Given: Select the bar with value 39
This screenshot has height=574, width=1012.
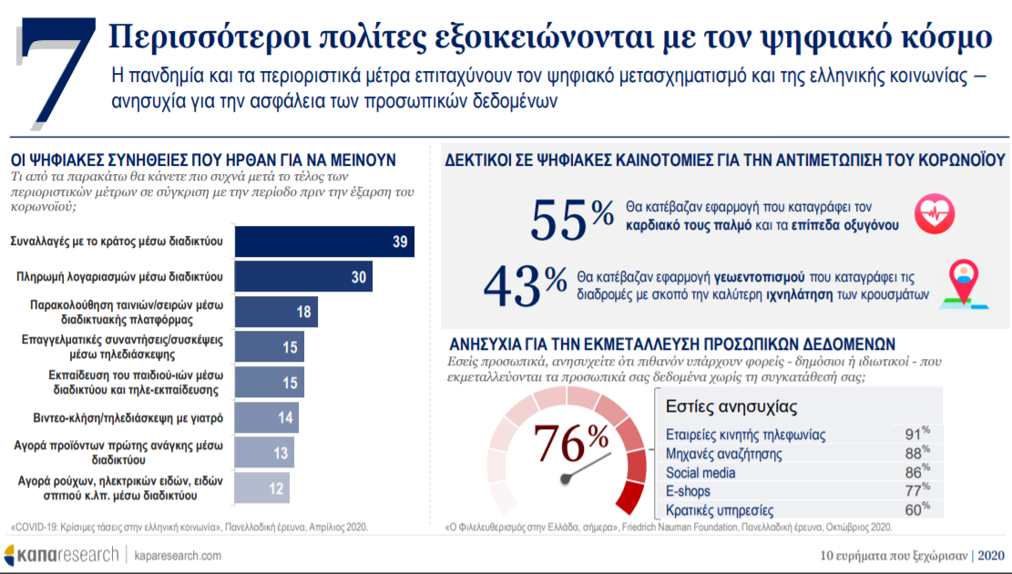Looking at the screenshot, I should click(324, 241).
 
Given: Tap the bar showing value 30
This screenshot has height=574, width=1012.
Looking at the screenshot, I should click(303, 276).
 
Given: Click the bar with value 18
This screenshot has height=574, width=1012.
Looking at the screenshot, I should click(276, 312).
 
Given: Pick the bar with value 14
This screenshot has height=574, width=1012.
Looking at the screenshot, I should click(267, 417).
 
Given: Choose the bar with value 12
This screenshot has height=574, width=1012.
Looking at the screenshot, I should click(262, 488).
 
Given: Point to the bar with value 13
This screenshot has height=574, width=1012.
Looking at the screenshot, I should click(264, 453).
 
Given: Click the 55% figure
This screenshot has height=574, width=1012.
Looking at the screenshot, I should click(572, 219).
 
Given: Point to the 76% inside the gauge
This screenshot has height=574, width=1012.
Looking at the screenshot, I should click(571, 444).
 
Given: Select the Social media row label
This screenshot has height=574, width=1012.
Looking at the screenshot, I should click(700, 473).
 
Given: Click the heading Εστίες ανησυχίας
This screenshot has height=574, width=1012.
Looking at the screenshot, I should click(731, 405).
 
